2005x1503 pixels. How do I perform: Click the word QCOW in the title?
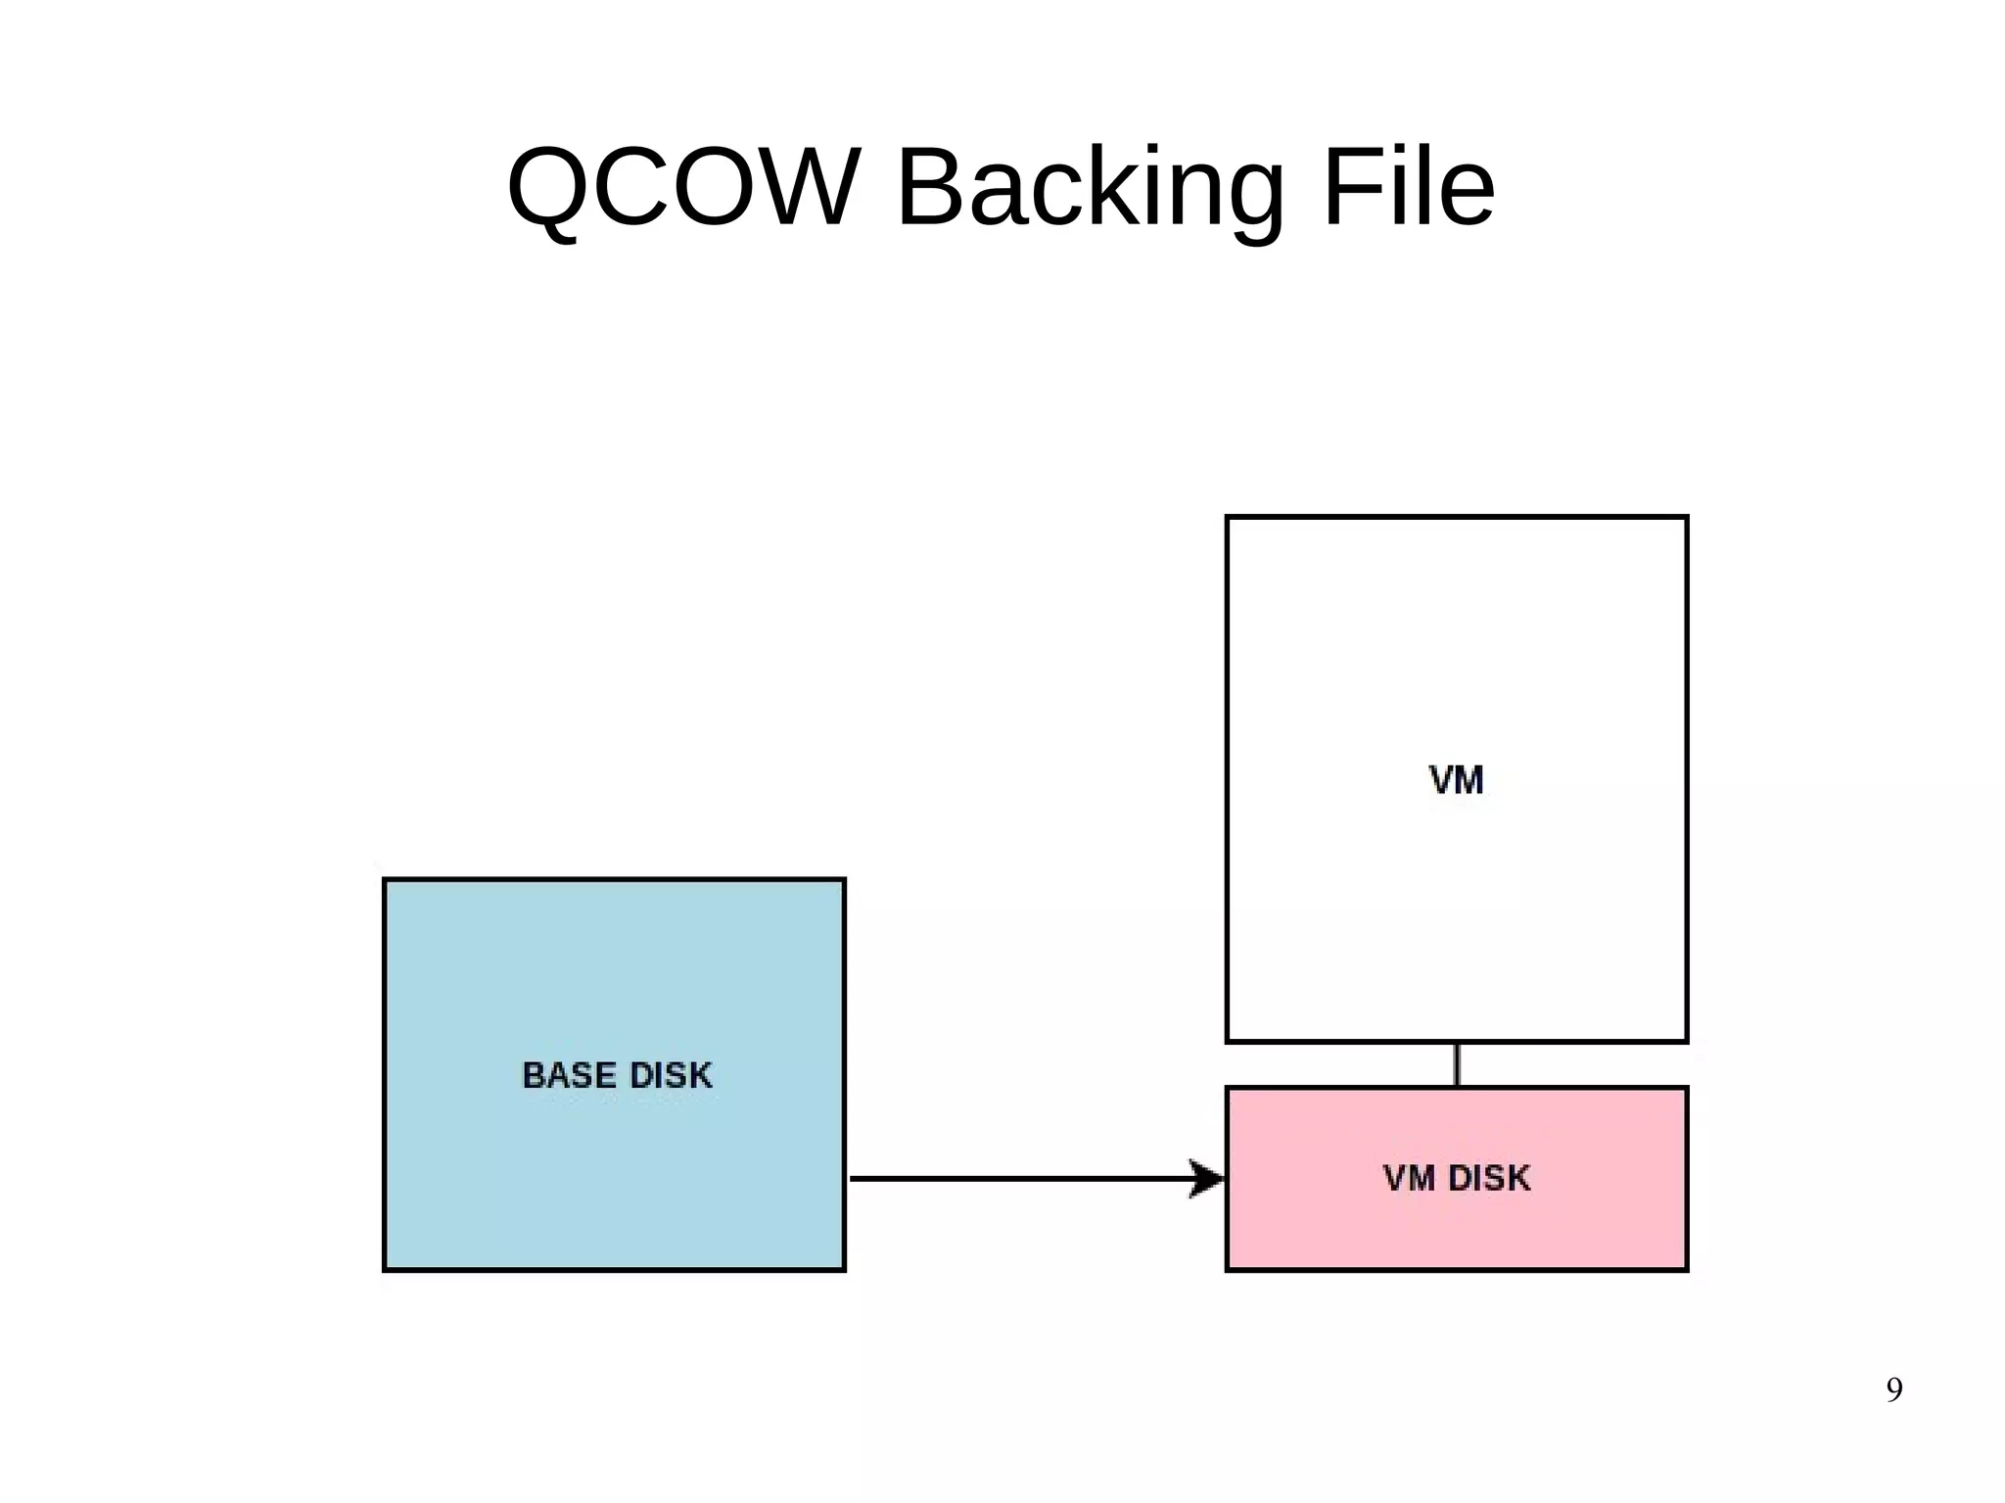click(x=683, y=187)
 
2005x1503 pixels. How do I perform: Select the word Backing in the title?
click(x=1089, y=189)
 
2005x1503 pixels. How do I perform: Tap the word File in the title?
click(x=1408, y=187)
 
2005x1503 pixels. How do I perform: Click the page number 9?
click(x=1893, y=1389)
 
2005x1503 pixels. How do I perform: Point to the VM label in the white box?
click(x=1456, y=780)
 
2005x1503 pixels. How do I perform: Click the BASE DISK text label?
click(x=617, y=1075)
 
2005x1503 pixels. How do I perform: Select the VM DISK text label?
click(x=1456, y=1178)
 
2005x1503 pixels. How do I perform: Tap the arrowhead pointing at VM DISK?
click(x=1209, y=1178)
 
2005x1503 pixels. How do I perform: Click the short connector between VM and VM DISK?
click(x=1457, y=1064)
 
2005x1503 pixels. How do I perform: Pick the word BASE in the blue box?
click(x=568, y=1075)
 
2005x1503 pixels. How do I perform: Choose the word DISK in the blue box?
click(x=670, y=1075)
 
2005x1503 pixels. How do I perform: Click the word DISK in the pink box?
click(x=1488, y=1178)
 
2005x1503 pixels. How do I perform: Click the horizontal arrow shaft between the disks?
click(x=1018, y=1178)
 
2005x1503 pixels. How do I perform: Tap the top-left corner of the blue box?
click(x=385, y=880)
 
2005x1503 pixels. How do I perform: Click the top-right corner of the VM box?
click(x=1686, y=518)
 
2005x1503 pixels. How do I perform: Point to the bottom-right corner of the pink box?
click(x=1686, y=1269)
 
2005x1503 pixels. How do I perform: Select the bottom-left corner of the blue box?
click(x=385, y=1269)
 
